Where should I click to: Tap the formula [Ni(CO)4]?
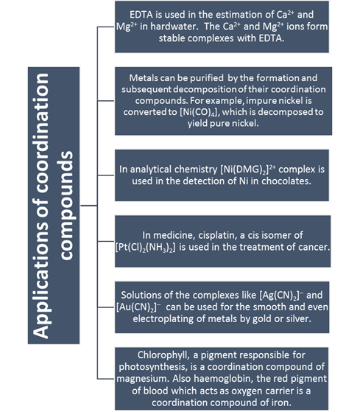coord(199,112)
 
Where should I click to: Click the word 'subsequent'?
coord(147,90)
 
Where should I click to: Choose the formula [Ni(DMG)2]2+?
coord(248,170)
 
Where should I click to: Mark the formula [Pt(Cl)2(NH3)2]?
coord(145,247)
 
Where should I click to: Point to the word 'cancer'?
coord(314,247)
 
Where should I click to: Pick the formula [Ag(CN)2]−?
coord(281,296)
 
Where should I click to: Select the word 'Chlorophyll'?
coord(163,355)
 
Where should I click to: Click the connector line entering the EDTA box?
coord(106,27)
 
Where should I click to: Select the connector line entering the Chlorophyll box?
coord(106,379)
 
